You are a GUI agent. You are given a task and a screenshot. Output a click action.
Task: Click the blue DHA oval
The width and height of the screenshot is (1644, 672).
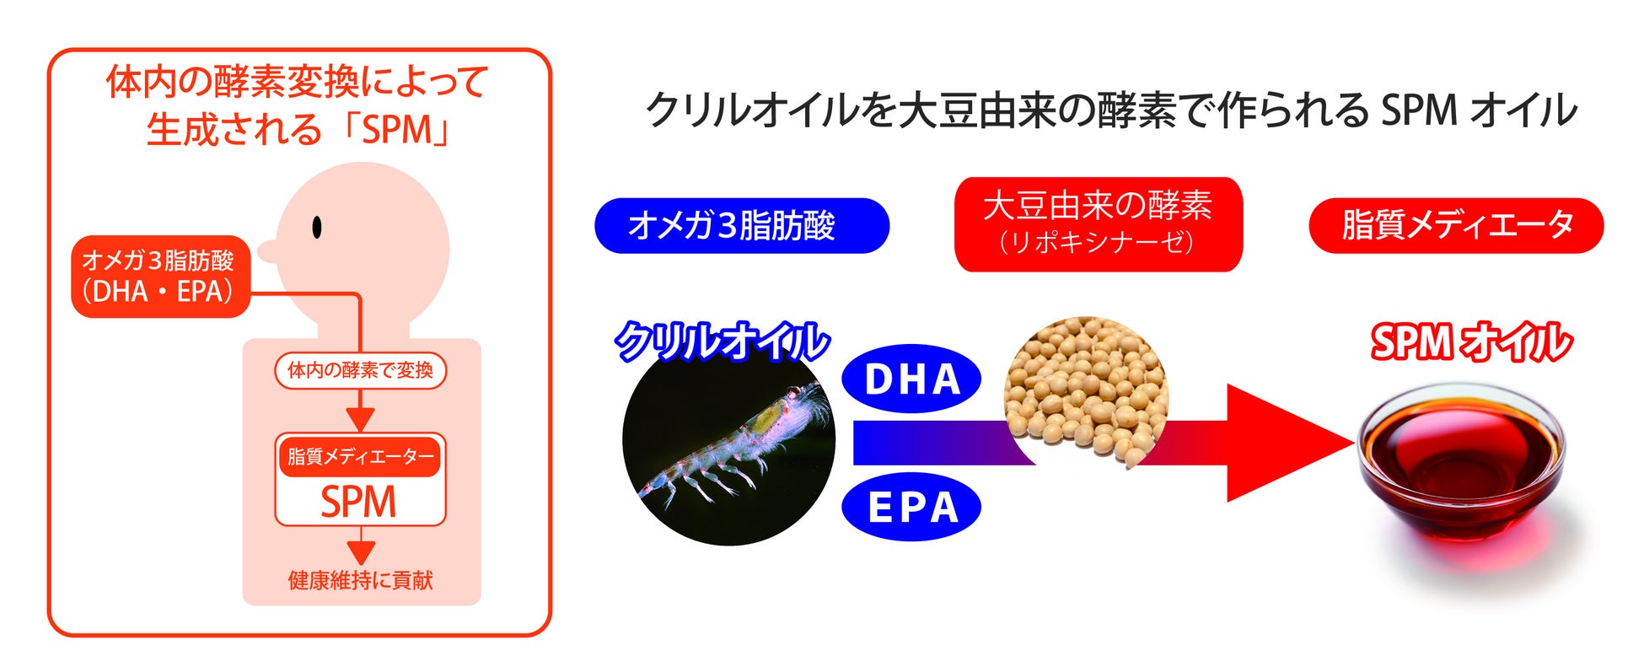click(911, 379)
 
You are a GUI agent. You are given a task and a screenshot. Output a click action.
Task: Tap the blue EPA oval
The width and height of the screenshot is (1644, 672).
click(911, 507)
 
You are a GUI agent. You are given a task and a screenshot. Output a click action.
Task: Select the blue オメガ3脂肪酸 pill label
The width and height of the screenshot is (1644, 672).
click(742, 225)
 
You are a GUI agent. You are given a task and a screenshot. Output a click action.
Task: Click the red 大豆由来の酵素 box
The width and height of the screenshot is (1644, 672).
click(1099, 223)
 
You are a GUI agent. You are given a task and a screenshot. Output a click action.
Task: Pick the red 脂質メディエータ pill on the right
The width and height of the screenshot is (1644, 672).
click(1456, 225)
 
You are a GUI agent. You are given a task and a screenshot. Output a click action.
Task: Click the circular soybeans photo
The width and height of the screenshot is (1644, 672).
click(1086, 390)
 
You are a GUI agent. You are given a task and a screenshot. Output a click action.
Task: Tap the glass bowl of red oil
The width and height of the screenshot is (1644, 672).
click(1461, 460)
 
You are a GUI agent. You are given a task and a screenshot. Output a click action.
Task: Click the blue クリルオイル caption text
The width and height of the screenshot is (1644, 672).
click(722, 342)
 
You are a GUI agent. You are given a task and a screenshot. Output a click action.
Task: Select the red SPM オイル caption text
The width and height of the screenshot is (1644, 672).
click(1470, 342)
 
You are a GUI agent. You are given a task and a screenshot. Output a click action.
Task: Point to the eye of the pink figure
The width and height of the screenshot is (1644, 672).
click(317, 227)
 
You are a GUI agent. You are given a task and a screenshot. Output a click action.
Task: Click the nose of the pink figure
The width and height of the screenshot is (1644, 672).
click(268, 250)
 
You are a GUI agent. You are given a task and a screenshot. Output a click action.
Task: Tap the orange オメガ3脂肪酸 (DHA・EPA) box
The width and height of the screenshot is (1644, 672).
click(161, 277)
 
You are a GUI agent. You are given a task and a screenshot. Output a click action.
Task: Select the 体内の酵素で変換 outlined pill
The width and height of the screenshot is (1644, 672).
click(360, 370)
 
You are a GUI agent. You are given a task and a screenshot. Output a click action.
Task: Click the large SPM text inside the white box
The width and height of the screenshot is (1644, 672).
click(358, 503)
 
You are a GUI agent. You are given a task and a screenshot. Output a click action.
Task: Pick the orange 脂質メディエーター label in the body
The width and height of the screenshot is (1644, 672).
click(360, 457)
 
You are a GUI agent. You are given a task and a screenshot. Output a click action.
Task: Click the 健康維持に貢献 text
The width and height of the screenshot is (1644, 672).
click(360, 580)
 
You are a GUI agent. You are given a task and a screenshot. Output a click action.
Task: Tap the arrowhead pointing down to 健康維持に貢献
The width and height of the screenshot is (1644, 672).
click(361, 553)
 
